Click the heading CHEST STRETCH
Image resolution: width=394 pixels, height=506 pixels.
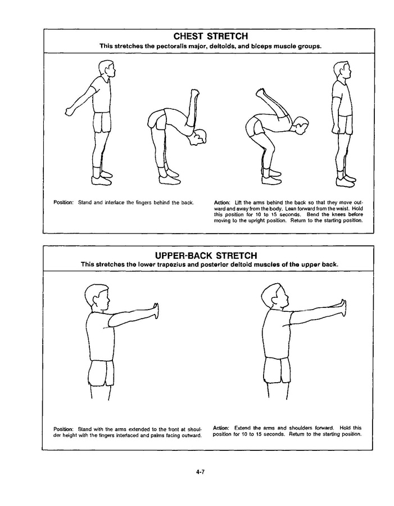tap(211, 36)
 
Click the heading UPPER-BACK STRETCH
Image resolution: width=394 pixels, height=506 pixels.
tap(206, 256)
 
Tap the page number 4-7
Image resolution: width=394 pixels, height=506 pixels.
tap(200, 472)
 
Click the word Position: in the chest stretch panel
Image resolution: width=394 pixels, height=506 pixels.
tap(64, 203)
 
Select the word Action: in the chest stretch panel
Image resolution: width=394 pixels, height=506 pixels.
tap(222, 203)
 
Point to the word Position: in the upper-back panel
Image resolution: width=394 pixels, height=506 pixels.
tap(64, 429)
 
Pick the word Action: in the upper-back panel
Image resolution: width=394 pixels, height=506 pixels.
tap(221, 428)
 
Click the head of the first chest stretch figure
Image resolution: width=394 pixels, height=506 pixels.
tap(107, 69)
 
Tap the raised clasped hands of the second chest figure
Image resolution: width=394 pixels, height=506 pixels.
tap(195, 94)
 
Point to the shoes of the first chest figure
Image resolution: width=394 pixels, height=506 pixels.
tap(102, 178)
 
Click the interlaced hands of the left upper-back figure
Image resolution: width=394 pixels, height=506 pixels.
tap(156, 311)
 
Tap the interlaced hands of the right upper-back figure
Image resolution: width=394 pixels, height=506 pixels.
tap(344, 307)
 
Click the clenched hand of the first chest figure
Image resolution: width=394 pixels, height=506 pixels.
tap(70, 111)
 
